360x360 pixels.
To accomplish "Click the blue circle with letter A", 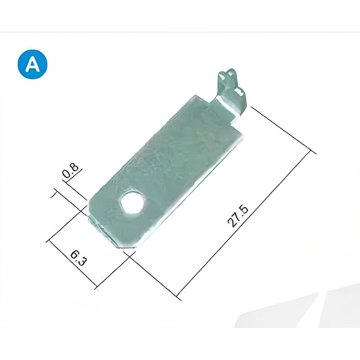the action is [32, 64].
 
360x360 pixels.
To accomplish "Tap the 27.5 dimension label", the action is [238, 216].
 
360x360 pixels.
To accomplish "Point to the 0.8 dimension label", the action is [70, 171].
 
